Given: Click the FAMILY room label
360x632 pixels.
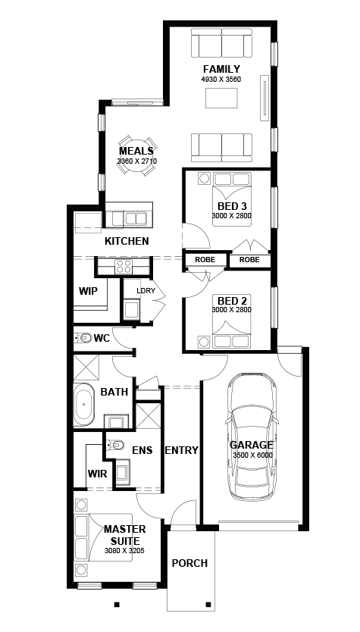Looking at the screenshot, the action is tap(221, 69).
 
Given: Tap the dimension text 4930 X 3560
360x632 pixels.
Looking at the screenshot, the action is tap(221, 80).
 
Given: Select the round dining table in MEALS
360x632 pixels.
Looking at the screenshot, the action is tap(136, 155).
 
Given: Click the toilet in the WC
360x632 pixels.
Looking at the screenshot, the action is tap(83, 338).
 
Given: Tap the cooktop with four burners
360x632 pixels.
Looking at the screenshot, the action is tap(123, 267).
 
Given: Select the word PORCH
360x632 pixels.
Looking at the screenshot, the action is tap(189, 563).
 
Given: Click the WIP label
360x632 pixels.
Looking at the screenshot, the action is tap(88, 291).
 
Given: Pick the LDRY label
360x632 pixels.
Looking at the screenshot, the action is tap(146, 290).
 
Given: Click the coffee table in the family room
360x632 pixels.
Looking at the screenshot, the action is tap(221, 99).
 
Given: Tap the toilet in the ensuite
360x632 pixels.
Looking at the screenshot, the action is tap(115, 446).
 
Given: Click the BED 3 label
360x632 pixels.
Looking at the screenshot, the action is tap(232, 206).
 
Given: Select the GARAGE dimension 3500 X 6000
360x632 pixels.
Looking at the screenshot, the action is tap(253, 455).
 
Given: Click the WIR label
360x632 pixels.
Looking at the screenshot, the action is tap(98, 473).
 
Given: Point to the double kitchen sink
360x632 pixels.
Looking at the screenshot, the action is tap(136, 218).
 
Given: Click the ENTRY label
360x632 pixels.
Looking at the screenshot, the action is tap(181, 450).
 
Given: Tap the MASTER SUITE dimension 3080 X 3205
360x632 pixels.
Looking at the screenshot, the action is tap(124, 551).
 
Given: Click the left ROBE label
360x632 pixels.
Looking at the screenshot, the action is tap(205, 260).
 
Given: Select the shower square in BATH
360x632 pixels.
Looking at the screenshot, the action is tap(86, 368).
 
